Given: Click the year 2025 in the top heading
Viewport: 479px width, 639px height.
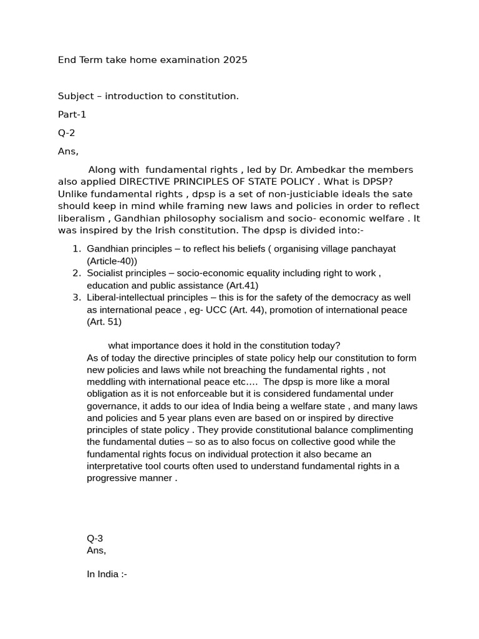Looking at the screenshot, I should (235, 60).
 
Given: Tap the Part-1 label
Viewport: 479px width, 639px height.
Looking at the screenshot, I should (72, 114).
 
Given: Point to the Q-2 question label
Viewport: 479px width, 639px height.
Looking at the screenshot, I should (67, 132).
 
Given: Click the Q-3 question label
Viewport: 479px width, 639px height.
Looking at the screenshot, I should (95, 539).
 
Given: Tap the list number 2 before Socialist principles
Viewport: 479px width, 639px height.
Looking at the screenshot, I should (76, 273).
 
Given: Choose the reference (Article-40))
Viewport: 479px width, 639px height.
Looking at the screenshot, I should (112, 261).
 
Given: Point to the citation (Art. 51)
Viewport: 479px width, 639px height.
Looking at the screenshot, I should (104, 322).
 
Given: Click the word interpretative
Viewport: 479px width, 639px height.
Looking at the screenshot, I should (120, 466).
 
